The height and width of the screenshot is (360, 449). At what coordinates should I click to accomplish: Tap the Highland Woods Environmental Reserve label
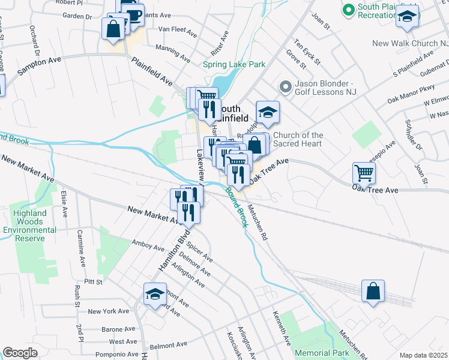(x=30, y=226)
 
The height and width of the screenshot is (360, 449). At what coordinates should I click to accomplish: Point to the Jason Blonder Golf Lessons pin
(x=285, y=88)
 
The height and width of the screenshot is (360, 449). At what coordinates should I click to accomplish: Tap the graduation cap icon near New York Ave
(x=155, y=294)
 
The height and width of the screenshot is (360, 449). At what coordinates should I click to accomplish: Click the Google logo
(x=20, y=353)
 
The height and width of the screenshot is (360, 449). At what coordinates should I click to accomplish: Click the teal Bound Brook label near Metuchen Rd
(x=237, y=206)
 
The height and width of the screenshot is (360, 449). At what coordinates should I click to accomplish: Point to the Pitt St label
(x=93, y=281)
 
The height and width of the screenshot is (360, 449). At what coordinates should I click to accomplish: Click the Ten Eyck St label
(x=307, y=53)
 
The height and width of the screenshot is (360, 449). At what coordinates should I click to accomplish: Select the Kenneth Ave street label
(x=282, y=328)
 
